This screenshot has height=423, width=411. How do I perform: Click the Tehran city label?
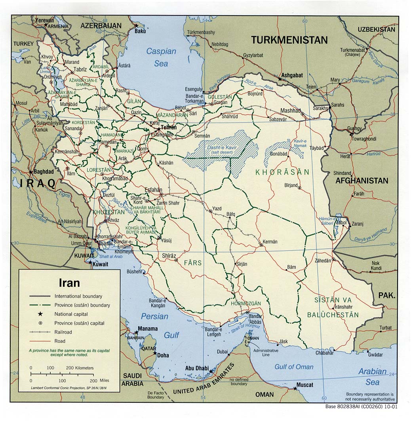[x=169, y=128]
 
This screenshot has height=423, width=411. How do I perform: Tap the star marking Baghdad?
[x=31, y=172]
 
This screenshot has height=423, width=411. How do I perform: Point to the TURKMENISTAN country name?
[x=289, y=40]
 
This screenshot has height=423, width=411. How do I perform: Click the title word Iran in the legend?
[x=69, y=283]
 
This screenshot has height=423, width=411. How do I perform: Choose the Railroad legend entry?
[x=63, y=332]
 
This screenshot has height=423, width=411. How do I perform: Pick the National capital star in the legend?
[x=41, y=314]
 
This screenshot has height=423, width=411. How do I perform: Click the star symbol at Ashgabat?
[x=280, y=79]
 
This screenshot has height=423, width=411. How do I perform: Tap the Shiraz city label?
[x=169, y=256]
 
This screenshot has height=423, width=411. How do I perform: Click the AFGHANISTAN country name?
[x=362, y=181]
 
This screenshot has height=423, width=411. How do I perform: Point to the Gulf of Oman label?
[x=294, y=367]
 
